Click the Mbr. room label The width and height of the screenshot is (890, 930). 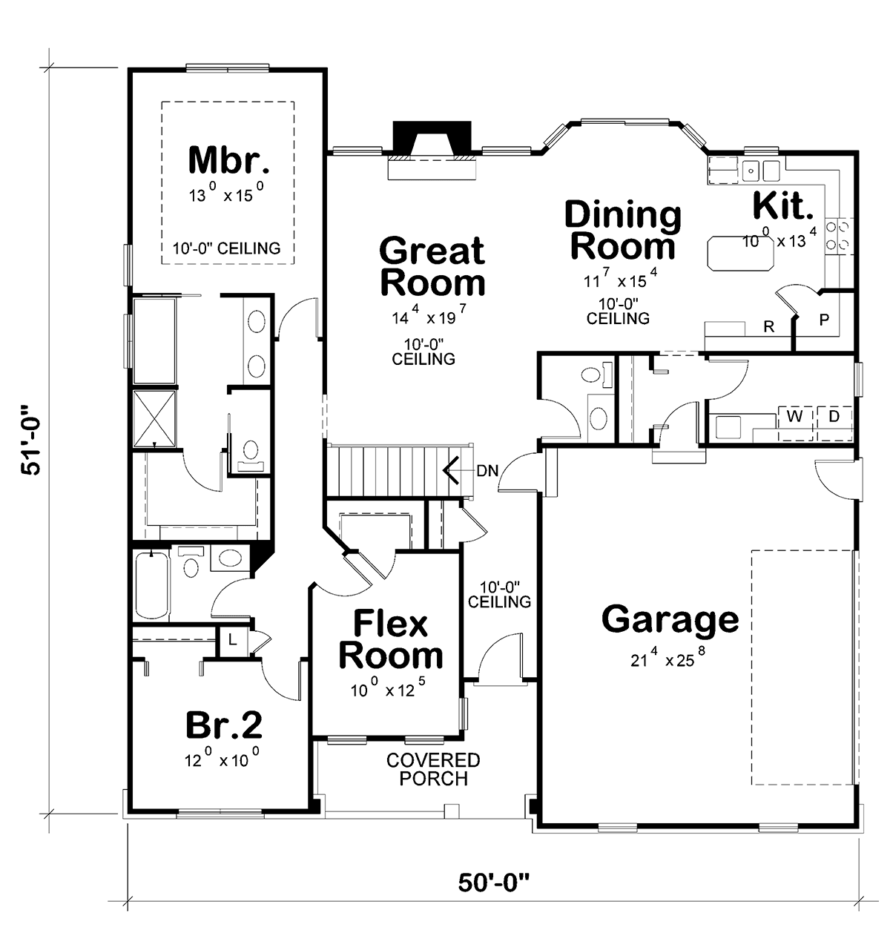point(229,160)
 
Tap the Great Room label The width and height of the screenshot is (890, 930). point(432,267)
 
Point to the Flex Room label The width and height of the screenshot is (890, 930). point(391,640)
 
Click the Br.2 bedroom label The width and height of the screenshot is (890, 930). point(224,725)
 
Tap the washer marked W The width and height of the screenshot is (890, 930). point(794,416)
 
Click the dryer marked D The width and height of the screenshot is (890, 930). point(834,416)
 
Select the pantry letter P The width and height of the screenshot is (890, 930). point(824,320)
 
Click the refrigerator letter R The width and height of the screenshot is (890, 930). point(768,326)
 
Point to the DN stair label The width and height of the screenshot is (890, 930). point(487,471)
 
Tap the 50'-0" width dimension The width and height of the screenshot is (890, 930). point(494,883)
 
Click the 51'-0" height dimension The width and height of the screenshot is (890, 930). point(32,441)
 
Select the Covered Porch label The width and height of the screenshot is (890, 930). point(433,769)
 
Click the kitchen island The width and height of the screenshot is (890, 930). point(740,253)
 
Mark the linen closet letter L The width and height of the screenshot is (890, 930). point(232,639)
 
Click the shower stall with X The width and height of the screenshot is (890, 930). point(154,418)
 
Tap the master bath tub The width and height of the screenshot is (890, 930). point(154,340)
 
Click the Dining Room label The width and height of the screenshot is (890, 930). point(623,231)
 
